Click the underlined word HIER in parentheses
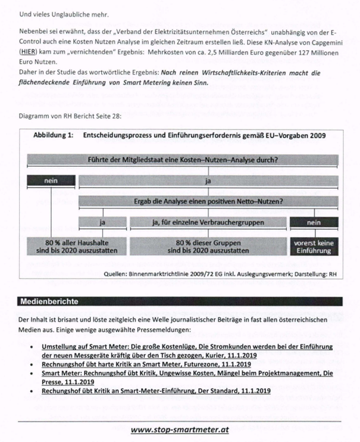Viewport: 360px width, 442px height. pos(28,52)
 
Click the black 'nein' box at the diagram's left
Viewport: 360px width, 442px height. pos(51,179)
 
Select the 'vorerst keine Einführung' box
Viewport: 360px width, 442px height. pos(314,246)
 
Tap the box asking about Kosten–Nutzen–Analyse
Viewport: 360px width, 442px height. pos(183,160)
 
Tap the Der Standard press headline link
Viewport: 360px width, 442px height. pos(156,391)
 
